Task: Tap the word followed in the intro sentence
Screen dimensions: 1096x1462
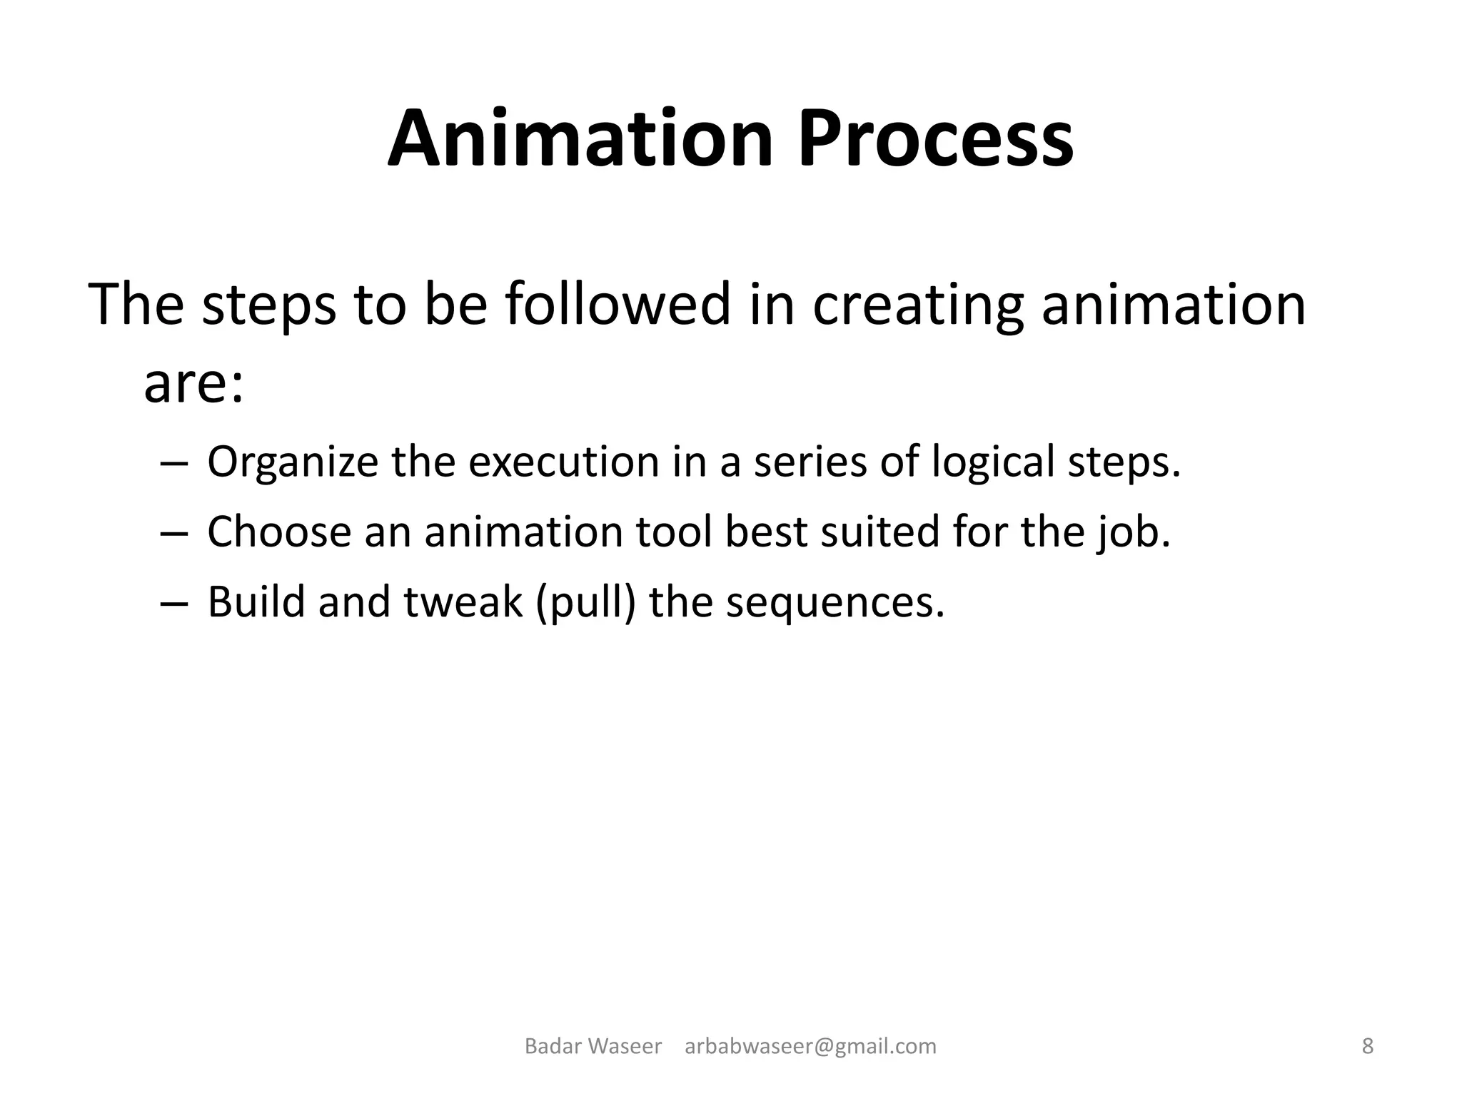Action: pos(618,304)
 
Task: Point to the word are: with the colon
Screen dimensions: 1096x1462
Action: pos(193,384)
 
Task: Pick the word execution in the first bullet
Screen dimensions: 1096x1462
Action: pos(564,461)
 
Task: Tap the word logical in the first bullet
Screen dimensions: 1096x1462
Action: pos(993,462)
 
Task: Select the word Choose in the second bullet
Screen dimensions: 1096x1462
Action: pos(279,532)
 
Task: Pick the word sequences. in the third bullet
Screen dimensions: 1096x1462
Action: pos(835,602)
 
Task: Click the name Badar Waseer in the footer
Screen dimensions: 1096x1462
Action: pos(593,1047)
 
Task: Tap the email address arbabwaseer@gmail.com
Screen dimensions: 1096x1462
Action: pos(810,1047)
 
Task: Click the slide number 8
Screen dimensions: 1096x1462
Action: pos(1368,1047)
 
